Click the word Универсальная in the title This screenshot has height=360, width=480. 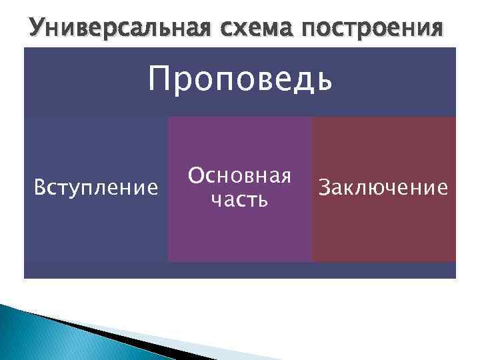(114, 27)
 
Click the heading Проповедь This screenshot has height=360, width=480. (239, 81)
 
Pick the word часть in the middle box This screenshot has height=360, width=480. (239, 199)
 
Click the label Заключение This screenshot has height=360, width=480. (383, 188)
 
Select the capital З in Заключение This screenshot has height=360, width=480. (325, 188)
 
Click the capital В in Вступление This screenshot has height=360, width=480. (39, 189)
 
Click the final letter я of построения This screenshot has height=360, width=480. (435, 29)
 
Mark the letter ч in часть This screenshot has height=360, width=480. (215, 200)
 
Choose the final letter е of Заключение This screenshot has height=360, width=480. (441, 189)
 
